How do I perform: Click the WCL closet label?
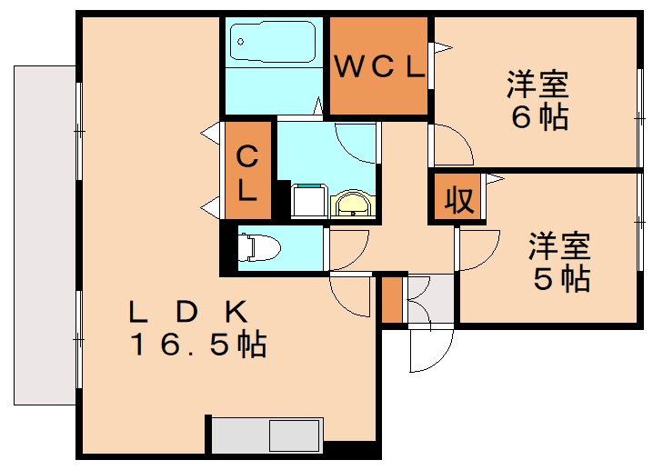[379, 66]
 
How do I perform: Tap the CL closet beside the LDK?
[248, 170]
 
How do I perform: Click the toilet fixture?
[258, 248]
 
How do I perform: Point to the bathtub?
[273, 42]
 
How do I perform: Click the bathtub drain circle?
[240, 42]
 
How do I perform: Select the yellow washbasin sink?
[353, 204]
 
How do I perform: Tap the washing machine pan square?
[308, 201]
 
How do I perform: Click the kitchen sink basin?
[295, 435]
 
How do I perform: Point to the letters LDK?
[188, 312]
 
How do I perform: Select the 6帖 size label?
[539, 117]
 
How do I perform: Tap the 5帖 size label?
[561, 278]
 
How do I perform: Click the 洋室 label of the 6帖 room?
[537, 85]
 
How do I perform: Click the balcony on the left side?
[45, 235]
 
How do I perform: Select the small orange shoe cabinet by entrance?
[392, 300]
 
